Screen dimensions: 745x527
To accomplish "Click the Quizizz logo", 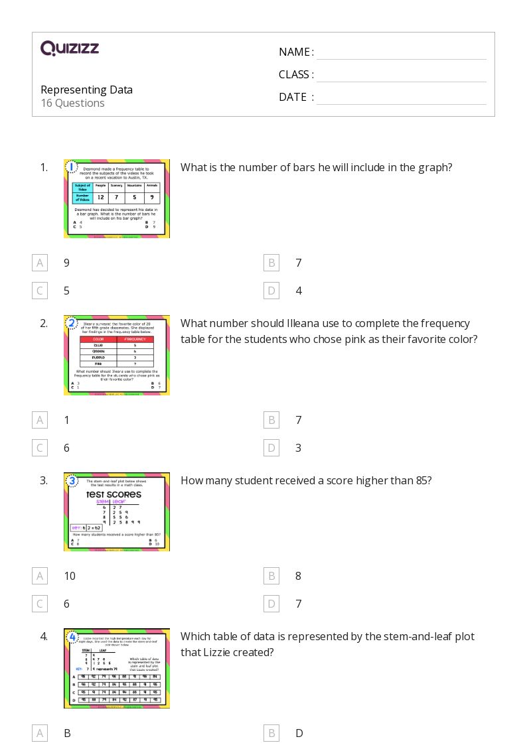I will pos(70,48).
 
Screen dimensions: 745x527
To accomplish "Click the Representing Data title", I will pos(86,90).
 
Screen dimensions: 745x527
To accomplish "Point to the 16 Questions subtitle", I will pos(72,103).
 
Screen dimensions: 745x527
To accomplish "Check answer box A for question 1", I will pos(40,263).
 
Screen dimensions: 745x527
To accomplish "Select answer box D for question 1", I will pos(271,291).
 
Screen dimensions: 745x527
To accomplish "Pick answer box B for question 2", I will pos(271,420).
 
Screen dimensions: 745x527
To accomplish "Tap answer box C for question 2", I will pos(40,448).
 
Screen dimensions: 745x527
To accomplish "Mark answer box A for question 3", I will pos(40,576).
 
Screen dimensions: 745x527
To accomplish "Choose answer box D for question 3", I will pos(271,604).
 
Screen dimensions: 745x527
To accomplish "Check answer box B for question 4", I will pos(271,733).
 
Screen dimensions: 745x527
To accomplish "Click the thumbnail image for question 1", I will pos(117,198).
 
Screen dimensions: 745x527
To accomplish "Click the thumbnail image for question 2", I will pos(117,355).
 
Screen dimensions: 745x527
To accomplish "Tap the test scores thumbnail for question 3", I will pos(117,511).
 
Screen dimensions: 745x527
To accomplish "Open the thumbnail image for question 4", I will pos(117,668).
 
